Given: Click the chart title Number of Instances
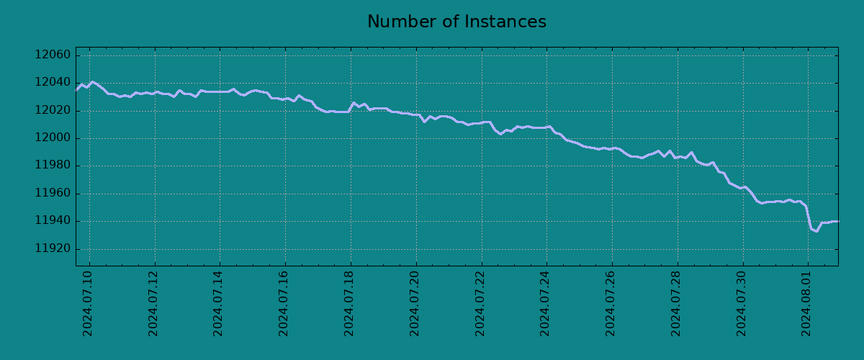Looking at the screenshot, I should (456, 22).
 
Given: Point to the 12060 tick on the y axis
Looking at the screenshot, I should (53, 55).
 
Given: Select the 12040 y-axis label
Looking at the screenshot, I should (53, 83).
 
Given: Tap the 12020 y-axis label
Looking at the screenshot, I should (53, 111).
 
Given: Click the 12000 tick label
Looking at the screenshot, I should (53, 138).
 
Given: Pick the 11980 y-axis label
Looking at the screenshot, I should (53, 166).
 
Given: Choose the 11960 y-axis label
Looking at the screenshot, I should (53, 194).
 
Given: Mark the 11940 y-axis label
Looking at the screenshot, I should (53, 222).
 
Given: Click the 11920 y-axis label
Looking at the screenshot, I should (53, 249).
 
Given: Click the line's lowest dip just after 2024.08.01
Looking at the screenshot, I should (816, 231).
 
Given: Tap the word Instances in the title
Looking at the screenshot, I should (504, 22).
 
